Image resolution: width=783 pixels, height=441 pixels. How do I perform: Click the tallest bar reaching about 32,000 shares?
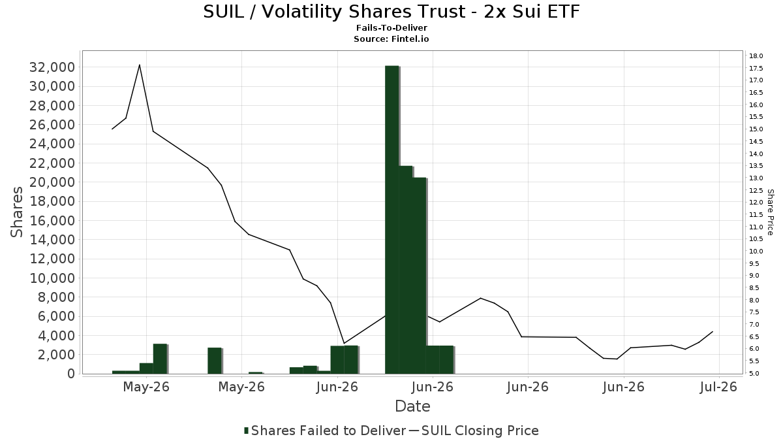click(x=392, y=220)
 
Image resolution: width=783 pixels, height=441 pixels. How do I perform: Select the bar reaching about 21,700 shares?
click(x=405, y=270)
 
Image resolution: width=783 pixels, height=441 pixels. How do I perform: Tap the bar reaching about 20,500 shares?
click(x=419, y=276)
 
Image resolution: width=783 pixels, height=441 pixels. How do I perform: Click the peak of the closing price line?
click(x=140, y=65)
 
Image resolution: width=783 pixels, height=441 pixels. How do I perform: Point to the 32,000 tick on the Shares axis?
click(x=52, y=67)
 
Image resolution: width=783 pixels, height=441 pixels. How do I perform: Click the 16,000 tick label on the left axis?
click(x=52, y=221)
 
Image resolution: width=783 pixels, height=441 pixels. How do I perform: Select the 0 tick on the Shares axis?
click(x=71, y=374)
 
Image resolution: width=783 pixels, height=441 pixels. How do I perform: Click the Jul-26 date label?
click(x=718, y=387)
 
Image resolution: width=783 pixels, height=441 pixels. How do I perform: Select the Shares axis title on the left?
click(x=16, y=212)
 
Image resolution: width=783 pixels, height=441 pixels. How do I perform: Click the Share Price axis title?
click(x=770, y=212)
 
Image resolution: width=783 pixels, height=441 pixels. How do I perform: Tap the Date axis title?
click(x=412, y=406)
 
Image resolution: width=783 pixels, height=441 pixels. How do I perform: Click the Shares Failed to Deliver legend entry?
click(x=325, y=431)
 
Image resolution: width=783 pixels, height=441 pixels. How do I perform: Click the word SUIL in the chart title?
click(x=223, y=12)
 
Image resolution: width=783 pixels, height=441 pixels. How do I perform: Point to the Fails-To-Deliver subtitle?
click(x=391, y=27)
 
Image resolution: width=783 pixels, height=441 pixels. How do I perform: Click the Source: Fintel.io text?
click(x=391, y=39)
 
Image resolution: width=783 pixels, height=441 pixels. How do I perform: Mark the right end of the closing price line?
click(x=713, y=331)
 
